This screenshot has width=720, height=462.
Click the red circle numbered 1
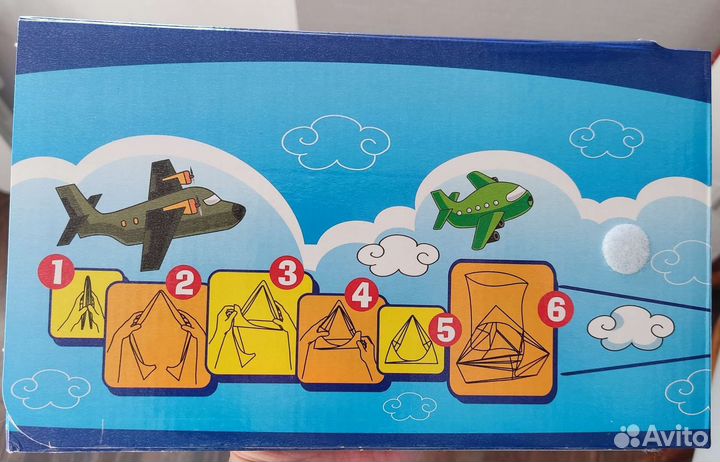coord(56,271)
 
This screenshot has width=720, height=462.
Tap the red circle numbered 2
coord(183,282)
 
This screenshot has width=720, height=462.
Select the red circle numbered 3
coord(287,273)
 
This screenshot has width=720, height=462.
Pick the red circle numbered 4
coord(362,294)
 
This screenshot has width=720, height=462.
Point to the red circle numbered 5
coord(444,329)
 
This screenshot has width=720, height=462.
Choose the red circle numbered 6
coord(556,310)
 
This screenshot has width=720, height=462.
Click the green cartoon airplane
coord(482,207)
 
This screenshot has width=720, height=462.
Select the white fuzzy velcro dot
coord(626,249)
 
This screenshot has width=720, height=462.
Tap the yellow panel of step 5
coord(411,340)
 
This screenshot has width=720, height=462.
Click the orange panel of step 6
coord(502,329)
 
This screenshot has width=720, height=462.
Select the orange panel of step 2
coord(157,335)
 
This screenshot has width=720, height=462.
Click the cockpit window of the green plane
coord(517,193)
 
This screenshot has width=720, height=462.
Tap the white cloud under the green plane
coord(398,255)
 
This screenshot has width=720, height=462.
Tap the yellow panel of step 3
coord(260,322)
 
